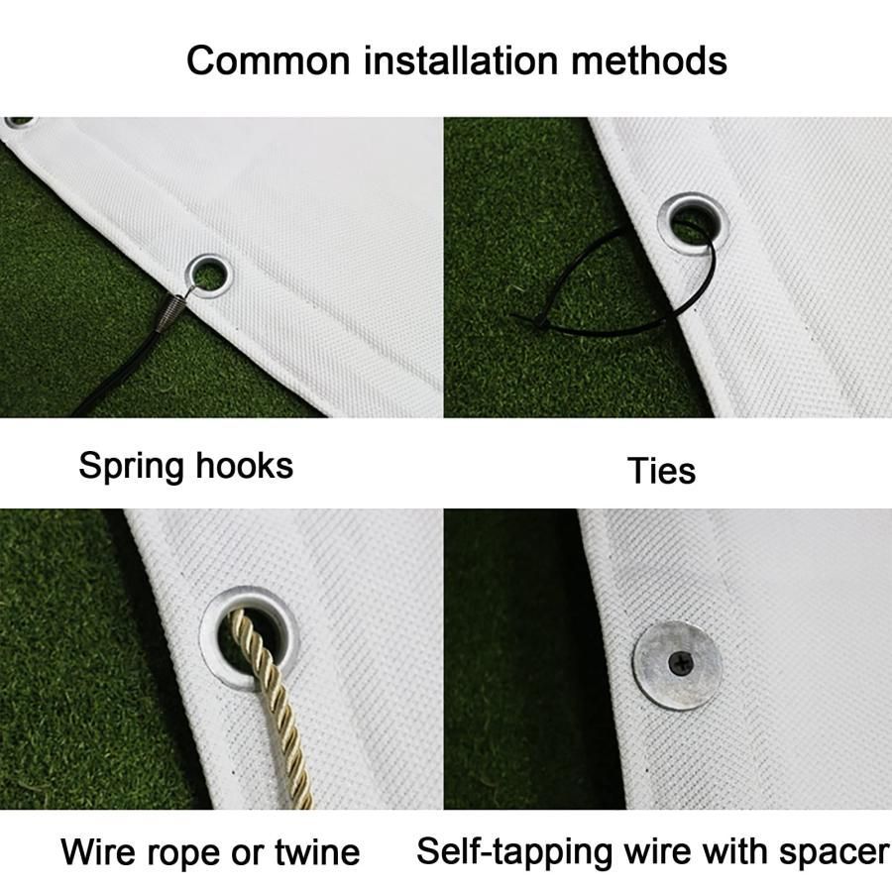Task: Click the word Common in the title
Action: click(x=268, y=60)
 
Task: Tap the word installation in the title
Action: click(x=460, y=59)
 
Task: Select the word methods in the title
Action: click(x=649, y=59)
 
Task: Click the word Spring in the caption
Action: click(x=131, y=467)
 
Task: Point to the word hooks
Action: click(x=245, y=466)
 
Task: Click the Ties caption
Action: click(x=662, y=471)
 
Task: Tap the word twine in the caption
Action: click(x=317, y=852)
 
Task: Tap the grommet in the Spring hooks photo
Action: click(x=209, y=276)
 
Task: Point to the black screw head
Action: click(x=680, y=662)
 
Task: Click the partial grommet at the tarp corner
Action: click(x=18, y=122)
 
